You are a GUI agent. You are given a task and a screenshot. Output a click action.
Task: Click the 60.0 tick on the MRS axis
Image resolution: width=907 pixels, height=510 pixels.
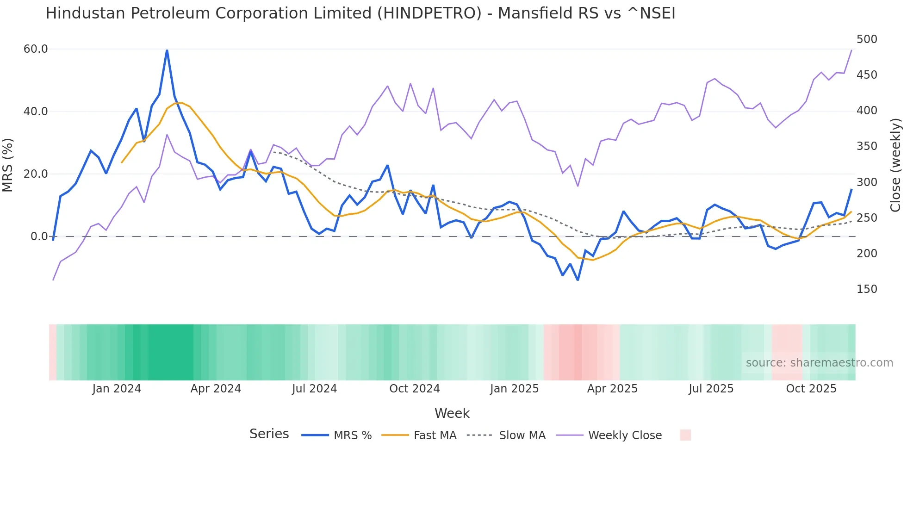(36, 49)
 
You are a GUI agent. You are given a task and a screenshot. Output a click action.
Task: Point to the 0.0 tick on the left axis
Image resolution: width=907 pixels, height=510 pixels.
(39, 236)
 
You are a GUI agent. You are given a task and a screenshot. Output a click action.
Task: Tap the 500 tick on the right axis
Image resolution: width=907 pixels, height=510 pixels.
(867, 39)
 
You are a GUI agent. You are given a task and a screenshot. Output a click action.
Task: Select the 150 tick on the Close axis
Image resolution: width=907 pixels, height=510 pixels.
(867, 289)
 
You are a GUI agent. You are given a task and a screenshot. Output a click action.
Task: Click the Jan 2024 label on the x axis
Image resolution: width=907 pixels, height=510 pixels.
(117, 389)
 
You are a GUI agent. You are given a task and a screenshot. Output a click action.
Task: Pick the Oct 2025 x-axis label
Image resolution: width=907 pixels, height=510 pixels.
(811, 389)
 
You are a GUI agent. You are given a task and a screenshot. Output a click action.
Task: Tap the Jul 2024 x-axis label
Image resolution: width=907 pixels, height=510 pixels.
(314, 389)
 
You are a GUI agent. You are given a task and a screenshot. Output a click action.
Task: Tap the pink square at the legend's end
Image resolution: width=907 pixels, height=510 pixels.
(685, 435)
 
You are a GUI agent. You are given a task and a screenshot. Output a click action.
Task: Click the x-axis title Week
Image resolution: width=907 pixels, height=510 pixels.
(452, 413)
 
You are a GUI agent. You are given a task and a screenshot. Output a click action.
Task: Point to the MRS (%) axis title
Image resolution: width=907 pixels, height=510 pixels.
(8, 165)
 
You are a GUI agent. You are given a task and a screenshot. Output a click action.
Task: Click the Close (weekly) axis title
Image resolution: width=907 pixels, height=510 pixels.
(896, 165)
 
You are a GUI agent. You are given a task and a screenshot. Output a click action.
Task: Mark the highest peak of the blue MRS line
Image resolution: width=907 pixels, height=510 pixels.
(167, 50)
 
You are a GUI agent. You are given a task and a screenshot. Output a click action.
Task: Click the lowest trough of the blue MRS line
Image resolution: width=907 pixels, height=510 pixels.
(578, 280)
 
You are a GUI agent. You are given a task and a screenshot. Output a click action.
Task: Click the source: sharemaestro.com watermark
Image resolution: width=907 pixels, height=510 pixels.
(819, 363)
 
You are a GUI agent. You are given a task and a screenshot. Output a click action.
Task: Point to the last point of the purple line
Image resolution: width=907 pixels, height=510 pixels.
(851, 50)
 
